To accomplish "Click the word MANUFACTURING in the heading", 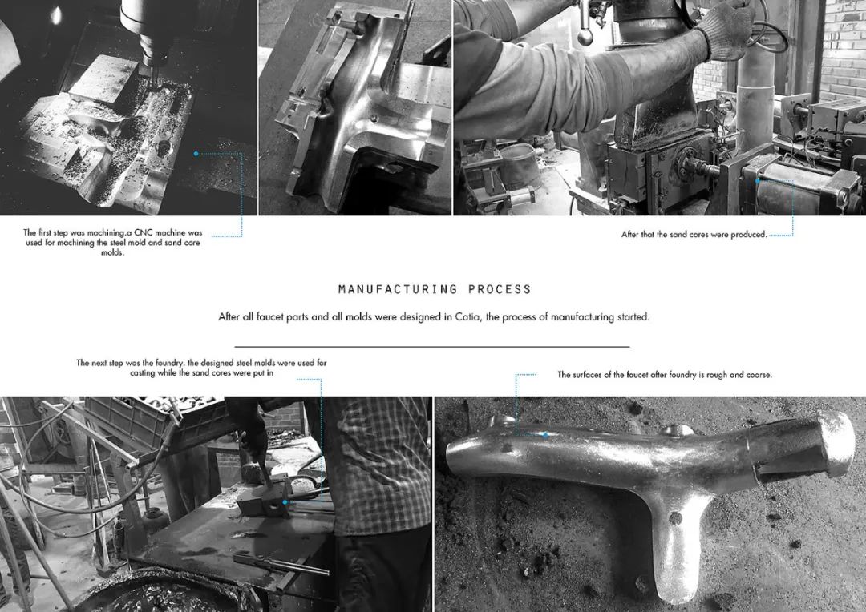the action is tap(398, 289).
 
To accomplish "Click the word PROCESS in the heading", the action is tap(500, 289).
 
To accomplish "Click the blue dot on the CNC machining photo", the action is tap(196, 154).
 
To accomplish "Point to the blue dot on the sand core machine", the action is tap(758, 180).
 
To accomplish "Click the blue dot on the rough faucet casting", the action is tap(546, 435).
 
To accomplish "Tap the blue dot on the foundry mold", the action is tap(285, 502).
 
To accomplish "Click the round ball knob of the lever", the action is tap(585, 36).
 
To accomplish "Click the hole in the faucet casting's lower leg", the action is tap(675, 518).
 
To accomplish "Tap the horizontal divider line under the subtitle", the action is tap(432, 347).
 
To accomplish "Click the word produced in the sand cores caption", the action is tap(748, 235).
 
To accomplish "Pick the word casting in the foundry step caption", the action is tap(143, 373).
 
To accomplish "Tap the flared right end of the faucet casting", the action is tap(834, 445).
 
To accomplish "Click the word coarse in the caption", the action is tap(759, 375).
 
